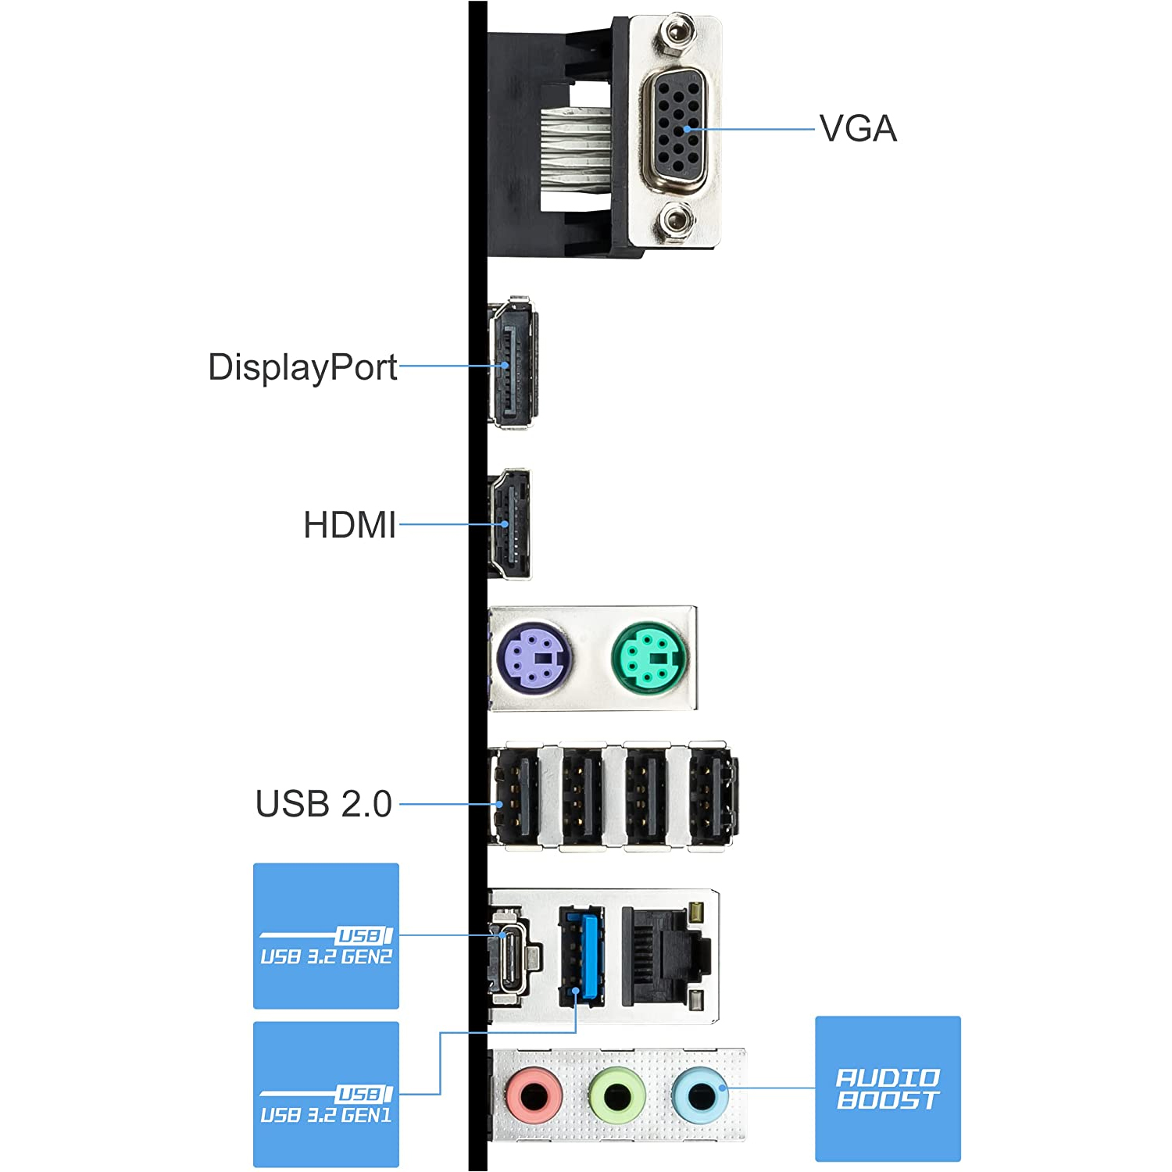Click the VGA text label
858,129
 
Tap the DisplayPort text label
302,367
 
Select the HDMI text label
349,525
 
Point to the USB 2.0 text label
323,804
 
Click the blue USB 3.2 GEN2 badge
326,935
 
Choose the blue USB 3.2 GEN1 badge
326,1094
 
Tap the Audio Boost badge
888,1088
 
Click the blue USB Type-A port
581,957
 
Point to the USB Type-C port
512,957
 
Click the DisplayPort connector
512,363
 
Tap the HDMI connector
509,524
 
